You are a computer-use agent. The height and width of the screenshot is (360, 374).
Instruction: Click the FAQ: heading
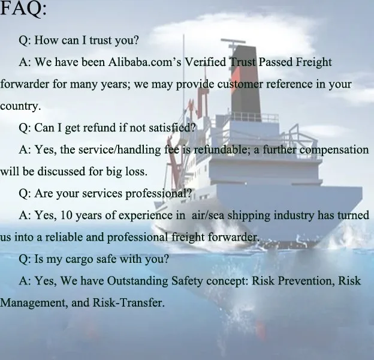[23, 9]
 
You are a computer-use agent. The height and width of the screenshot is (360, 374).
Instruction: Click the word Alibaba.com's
[145, 62]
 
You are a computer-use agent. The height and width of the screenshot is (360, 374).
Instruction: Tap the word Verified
[206, 62]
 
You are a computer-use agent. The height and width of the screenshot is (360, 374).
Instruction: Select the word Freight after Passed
[313, 62]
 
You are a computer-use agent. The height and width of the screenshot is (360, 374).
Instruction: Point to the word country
[20, 106]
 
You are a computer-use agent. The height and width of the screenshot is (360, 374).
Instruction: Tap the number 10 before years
[66, 215]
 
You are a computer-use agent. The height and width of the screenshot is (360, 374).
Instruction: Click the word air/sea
[208, 215]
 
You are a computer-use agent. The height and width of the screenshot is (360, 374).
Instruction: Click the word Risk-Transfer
[128, 303]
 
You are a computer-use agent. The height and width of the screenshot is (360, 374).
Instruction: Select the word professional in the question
[158, 194]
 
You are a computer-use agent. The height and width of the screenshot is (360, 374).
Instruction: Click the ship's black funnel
[245, 80]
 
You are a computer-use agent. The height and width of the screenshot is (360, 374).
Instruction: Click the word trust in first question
[101, 40]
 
